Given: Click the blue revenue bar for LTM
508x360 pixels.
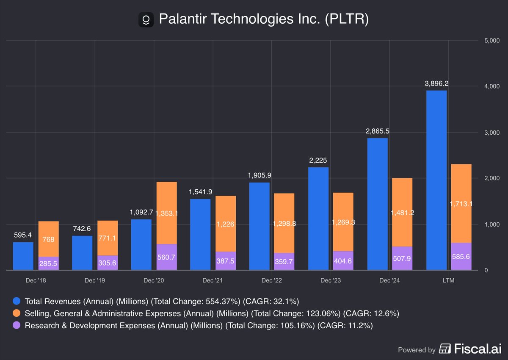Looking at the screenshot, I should pyautogui.click(x=436, y=180).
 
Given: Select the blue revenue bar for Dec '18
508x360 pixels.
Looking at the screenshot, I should pyautogui.click(x=23, y=256).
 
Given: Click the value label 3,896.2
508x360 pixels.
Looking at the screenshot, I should pyautogui.click(x=436, y=83).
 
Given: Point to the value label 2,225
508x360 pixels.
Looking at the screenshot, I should pyautogui.click(x=318, y=161).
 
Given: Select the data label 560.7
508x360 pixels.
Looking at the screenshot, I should pyautogui.click(x=166, y=257).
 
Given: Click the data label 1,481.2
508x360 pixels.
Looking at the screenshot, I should pyautogui.click(x=402, y=212).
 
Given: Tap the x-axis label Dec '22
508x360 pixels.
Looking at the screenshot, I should pyautogui.click(x=271, y=280).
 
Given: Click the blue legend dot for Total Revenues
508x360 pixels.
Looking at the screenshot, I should pyautogui.click(x=17, y=302).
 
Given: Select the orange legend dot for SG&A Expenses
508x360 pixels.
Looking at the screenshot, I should pyautogui.click(x=17, y=313).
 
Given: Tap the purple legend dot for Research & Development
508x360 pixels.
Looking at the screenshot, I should pyautogui.click(x=17, y=325).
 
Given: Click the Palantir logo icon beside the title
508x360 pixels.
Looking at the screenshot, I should pyautogui.click(x=146, y=19).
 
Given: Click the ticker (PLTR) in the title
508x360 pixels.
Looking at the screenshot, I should pyautogui.click(x=347, y=19).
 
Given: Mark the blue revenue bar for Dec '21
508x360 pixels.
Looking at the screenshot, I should pyautogui.click(x=200, y=234).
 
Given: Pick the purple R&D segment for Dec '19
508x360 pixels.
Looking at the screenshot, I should pyautogui.click(x=108, y=263).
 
